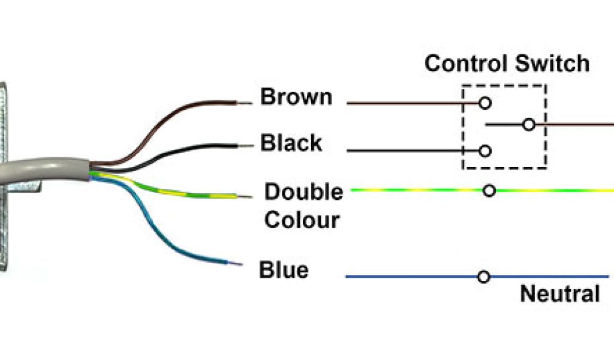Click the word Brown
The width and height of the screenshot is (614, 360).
(x=296, y=97)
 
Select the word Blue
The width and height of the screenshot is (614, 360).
(x=283, y=270)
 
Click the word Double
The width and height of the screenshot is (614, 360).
(x=303, y=192)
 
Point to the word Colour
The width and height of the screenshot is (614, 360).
(x=302, y=220)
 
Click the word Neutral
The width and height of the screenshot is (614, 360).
(x=559, y=294)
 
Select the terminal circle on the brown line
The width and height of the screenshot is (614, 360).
(x=485, y=103)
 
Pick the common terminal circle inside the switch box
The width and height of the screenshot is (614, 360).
(x=528, y=125)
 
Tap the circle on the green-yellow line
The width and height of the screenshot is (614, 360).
(x=489, y=191)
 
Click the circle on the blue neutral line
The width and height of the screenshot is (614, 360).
(x=484, y=277)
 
